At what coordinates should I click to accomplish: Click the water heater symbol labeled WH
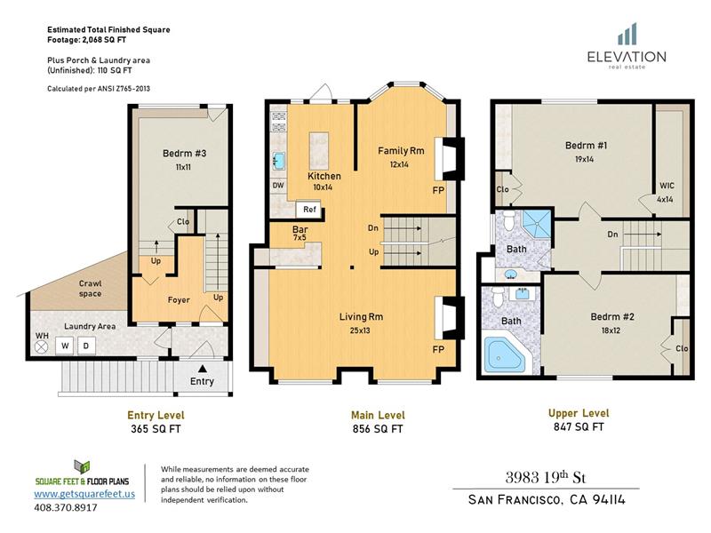pyautogui.click(x=42, y=347)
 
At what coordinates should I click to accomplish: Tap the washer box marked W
pyautogui.click(x=65, y=346)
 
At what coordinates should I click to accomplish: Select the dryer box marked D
pyautogui.click(x=86, y=346)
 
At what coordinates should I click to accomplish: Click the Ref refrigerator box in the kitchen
pyautogui.click(x=309, y=209)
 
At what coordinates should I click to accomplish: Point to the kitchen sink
pyautogui.click(x=279, y=161)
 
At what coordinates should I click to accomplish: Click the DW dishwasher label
pyautogui.click(x=278, y=186)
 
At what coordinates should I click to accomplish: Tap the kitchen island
pyautogui.click(x=319, y=150)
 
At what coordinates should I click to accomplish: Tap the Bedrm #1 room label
pyautogui.click(x=586, y=146)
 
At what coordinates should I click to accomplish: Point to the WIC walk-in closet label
pyautogui.click(x=667, y=186)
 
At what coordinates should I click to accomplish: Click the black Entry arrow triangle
pyautogui.click(x=203, y=369)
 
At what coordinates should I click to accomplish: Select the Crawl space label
pyautogui.click(x=91, y=288)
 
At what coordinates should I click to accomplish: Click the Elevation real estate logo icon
pyautogui.click(x=627, y=35)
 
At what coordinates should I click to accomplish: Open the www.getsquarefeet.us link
pyautogui.click(x=84, y=494)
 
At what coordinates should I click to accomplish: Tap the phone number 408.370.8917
pyautogui.click(x=66, y=507)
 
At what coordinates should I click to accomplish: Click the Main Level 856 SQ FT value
pyautogui.click(x=378, y=429)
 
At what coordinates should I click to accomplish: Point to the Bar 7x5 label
pyautogui.click(x=300, y=233)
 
